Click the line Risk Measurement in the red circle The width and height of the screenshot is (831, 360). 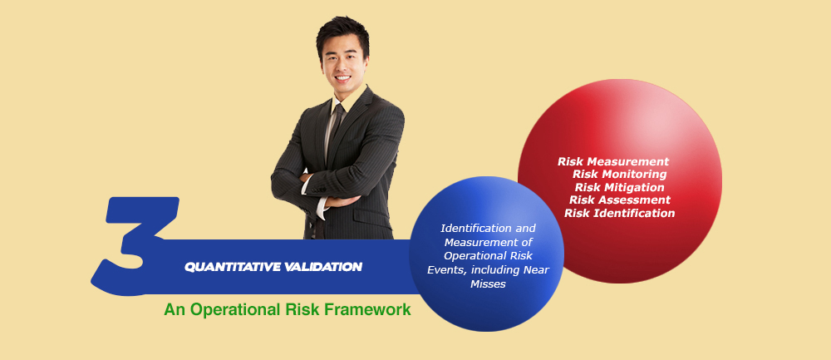click(x=613, y=161)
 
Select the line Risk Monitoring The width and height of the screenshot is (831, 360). click(x=620, y=174)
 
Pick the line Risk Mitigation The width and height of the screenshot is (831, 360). click(x=620, y=187)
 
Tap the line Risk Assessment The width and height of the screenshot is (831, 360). click(x=620, y=200)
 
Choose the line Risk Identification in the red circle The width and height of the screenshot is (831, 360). click(x=620, y=213)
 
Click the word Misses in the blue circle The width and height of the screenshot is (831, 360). click(x=488, y=284)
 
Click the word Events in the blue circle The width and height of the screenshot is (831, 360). click(x=441, y=270)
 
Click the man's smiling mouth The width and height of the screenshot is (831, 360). click(x=342, y=78)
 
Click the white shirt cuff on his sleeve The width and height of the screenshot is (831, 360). click(x=322, y=208)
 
